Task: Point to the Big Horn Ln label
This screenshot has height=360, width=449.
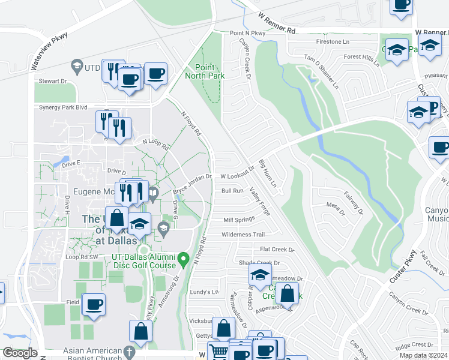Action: coord(267,173)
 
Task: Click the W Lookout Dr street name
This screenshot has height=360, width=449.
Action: coord(238,176)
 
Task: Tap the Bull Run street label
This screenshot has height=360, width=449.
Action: coord(232,191)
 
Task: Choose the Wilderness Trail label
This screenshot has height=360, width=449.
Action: coord(243,235)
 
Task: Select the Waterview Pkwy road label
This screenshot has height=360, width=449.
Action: coord(49,44)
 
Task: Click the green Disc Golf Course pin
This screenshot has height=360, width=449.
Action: coord(185,259)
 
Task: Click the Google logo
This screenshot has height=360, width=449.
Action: coord(19,353)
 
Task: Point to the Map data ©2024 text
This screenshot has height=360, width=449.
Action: coord(423,355)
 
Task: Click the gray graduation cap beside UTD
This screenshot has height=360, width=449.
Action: coord(76,64)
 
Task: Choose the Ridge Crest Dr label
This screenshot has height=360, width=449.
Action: coord(414,344)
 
